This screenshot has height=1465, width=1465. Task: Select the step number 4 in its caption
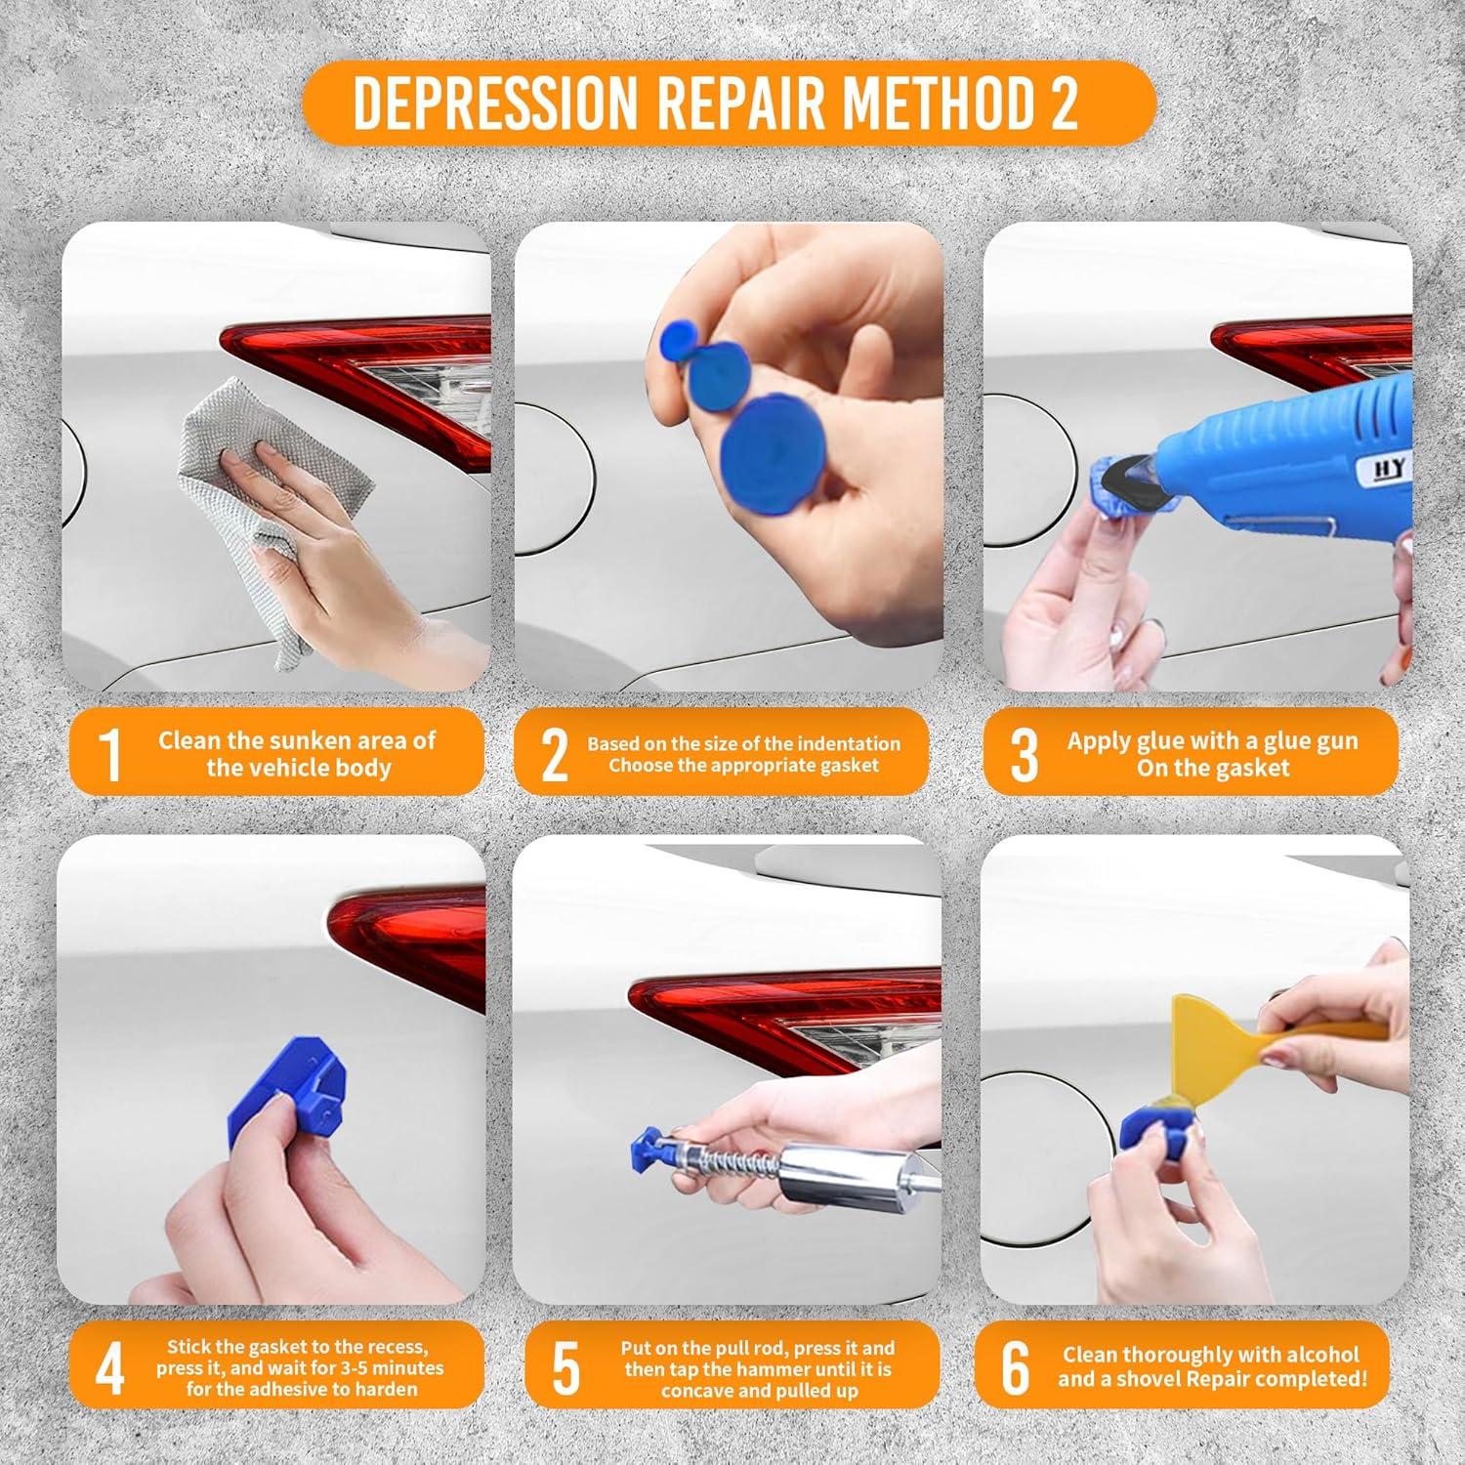pos(109,1369)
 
